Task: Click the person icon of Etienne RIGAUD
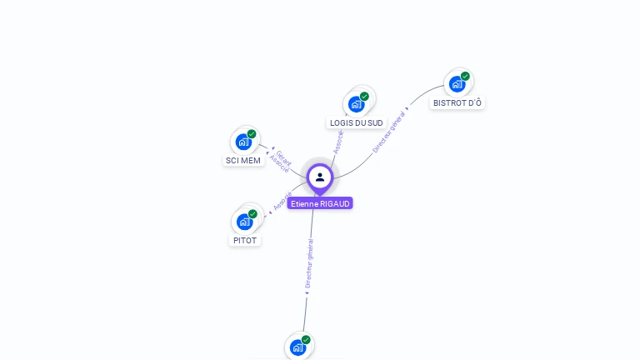click(x=320, y=177)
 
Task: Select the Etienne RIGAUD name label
click(x=320, y=203)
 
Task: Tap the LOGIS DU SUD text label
click(x=356, y=122)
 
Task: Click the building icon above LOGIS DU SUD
click(x=357, y=104)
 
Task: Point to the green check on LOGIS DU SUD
click(x=364, y=97)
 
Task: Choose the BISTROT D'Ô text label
click(x=457, y=102)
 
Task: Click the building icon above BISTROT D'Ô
click(x=457, y=84)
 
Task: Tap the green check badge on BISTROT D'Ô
click(x=465, y=77)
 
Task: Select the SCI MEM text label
click(x=243, y=160)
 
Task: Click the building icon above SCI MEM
click(x=243, y=142)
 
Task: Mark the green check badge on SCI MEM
click(x=252, y=134)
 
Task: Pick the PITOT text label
click(x=245, y=240)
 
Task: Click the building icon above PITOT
click(x=244, y=222)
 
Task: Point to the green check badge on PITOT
click(x=252, y=214)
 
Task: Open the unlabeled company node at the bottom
click(x=297, y=347)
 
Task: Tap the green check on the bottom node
click(x=306, y=340)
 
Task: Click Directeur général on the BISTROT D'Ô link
click(x=389, y=132)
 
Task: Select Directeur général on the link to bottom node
click(x=308, y=264)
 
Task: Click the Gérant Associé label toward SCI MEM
click(x=281, y=161)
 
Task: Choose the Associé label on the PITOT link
click(x=282, y=200)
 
